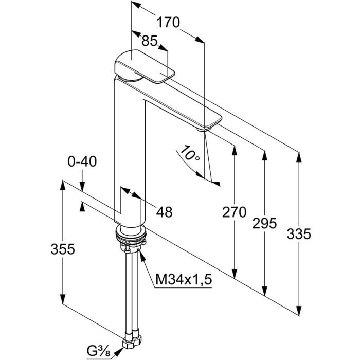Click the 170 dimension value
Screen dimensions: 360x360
click(x=168, y=22)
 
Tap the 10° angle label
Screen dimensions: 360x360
click(x=189, y=154)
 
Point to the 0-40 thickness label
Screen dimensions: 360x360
click(x=82, y=161)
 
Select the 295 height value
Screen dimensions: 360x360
click(x=265, y=223)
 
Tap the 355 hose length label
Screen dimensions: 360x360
click(x=63, y=249)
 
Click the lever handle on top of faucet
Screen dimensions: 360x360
click(x=141, y=67)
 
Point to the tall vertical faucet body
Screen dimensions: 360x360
click(x=129, y=154)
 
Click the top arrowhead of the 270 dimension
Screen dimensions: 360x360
click(x=235, y=149)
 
